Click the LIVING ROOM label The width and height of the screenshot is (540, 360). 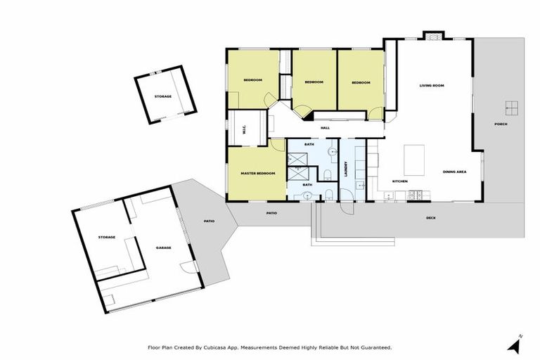[432, 86]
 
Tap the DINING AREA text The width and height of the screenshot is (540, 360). [454, 172]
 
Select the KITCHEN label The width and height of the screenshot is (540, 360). [400, 181]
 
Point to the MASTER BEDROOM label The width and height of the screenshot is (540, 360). [257, 173]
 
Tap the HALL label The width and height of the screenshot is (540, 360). [325, 128]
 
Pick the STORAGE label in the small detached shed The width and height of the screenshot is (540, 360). [162, 96]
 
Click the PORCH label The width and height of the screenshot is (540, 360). [501, 124]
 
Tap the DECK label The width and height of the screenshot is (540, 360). [430, 218]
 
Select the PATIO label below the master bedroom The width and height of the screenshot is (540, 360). [271, 212]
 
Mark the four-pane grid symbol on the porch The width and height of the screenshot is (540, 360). [511, 108]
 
